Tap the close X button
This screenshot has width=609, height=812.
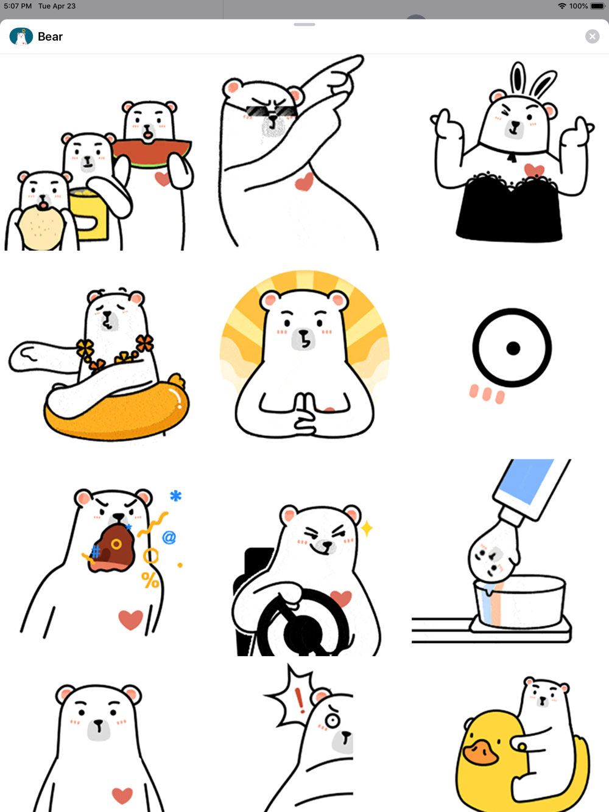592,37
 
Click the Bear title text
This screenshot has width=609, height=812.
51,37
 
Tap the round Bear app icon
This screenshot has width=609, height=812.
21,37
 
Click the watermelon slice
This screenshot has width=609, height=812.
152,153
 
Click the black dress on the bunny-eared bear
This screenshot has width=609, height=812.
509,208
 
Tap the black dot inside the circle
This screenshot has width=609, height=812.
513,348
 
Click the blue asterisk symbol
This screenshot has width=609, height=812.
175,495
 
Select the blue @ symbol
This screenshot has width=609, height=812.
169,537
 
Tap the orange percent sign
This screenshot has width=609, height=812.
150,579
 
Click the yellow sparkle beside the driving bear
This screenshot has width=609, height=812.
367,528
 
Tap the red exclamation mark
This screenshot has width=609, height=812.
300,700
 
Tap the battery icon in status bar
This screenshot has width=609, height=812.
598,6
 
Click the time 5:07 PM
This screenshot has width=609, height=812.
18,6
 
